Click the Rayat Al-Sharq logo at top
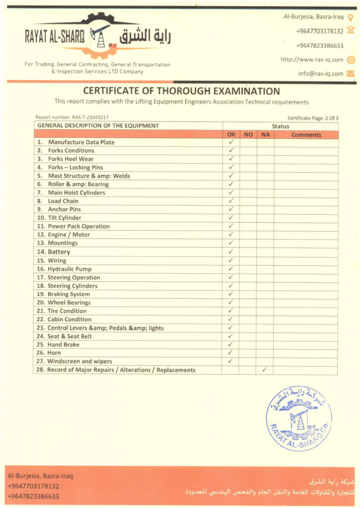(98, 36)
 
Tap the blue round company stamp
(299, 418)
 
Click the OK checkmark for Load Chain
(231, 201)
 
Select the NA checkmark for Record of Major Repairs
(265, 370)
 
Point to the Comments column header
(306, 134)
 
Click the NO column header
(248, 134)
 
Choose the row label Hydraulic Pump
(70, 269)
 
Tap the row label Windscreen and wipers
(79, 361)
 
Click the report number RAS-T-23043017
(72, 118)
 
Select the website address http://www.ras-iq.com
(312, 60)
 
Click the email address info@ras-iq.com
(321, 73)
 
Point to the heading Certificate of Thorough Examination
(181, 91)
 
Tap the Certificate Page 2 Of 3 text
(313, 118)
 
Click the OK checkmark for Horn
(231, 353)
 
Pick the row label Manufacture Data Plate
(81, 142)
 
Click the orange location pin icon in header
(351, 17)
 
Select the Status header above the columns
(280, 127)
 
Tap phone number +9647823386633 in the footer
(33, 496)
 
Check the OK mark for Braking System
(231, 294)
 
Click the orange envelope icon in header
(351, 73)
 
